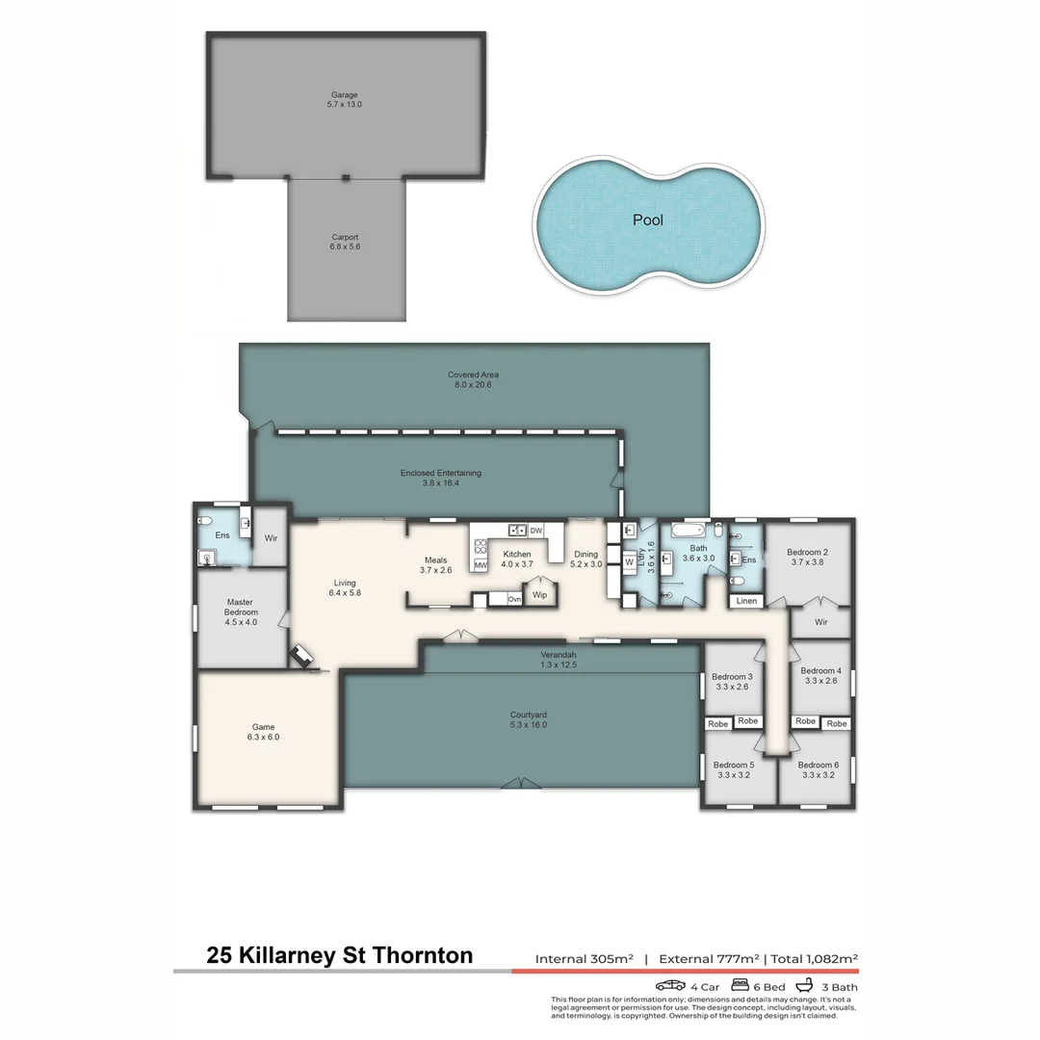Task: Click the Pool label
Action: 647,220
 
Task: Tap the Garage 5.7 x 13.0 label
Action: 345,99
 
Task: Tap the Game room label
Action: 263,732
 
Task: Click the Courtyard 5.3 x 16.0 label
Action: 528,719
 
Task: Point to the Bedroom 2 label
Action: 808,557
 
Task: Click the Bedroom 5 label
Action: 732,769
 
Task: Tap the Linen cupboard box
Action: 747,601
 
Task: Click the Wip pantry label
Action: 540,595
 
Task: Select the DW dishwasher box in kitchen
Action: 535,531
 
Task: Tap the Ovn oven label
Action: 514,599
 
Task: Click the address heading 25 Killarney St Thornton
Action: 340,955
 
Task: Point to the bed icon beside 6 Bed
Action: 740,985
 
